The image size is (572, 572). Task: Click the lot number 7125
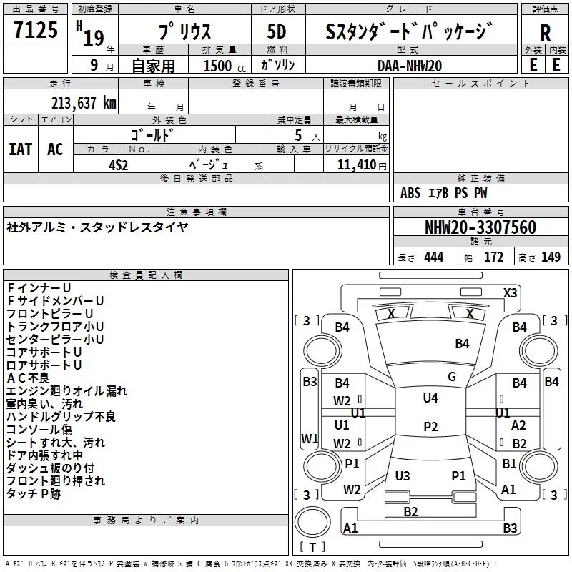(x=36, y=30)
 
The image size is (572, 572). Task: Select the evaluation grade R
(x=545, y=33)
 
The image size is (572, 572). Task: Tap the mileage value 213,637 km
(x=84, y=103)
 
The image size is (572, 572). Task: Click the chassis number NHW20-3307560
(x=480, y=227)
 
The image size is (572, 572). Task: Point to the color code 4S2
(x=119, y=165)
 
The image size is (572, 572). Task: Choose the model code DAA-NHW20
(x=410, y=66)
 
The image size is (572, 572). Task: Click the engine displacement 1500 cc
(x=225, y=66)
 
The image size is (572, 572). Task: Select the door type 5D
(x=277, y=31)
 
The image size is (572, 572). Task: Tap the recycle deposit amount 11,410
(x=356, y=165)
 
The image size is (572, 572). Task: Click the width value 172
(x=493, y=257)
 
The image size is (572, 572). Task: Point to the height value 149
(x=551, y=257)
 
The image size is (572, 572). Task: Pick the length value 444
(x=434, y=257)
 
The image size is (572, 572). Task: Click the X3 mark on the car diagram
(x=510, y=293)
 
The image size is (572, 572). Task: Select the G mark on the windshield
(x=452, y=377)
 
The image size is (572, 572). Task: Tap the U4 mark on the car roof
(x=430, y=398)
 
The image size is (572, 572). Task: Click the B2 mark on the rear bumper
(x=410, y=511)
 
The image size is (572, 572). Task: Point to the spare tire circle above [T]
(x=312, y=522)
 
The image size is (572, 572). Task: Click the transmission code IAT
(x=21, y=149)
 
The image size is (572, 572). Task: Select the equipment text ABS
(x=410, y=193)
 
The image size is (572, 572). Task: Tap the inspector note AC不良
(x=28, y=378)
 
